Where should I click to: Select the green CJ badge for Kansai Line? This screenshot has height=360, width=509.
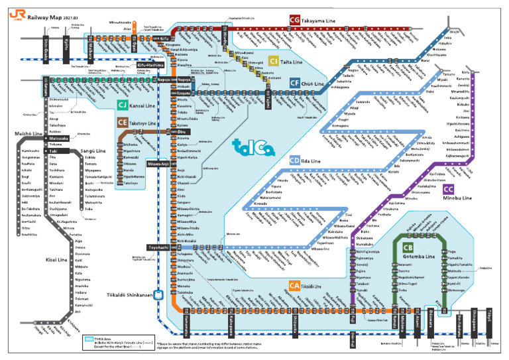coord(123,105)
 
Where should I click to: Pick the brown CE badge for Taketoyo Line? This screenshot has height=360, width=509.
coord(123,123)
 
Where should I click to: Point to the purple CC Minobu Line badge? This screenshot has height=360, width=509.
coord(448,189)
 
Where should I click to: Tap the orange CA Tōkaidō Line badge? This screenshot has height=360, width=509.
coord(294,286)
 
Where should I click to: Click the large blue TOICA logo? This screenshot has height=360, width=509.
coord(253,147)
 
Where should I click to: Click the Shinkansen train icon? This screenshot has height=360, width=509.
coord(158,296)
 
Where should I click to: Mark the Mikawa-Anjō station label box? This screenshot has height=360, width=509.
coord(159,163)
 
